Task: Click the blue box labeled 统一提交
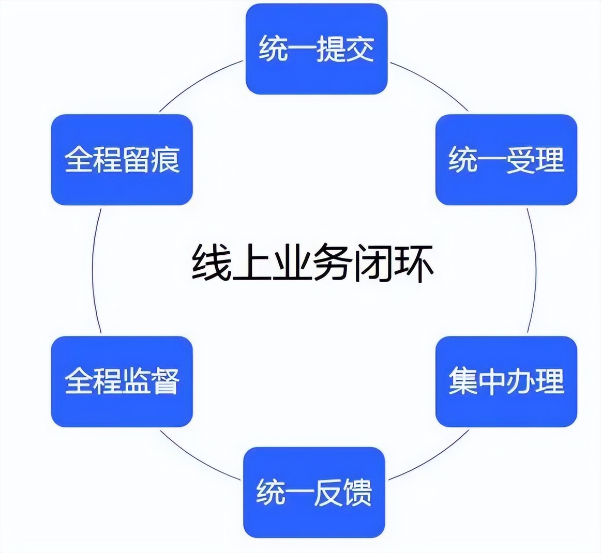point(317,49)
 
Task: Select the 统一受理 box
point(506,160)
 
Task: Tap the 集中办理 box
point(506,381)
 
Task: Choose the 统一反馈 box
point(314,493)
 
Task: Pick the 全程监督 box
point(122,381)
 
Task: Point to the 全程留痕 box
point(122,160)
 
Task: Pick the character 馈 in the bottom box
point(357,493)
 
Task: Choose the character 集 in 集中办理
point(462,381)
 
